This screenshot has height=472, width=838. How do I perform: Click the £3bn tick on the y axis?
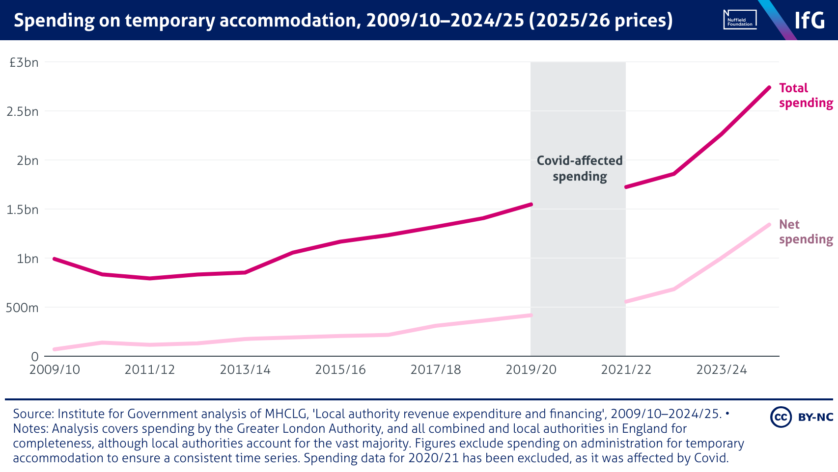pyautogui.click(x=24, y=62)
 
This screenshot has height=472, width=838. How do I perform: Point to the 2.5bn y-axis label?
pyautogui.click(x=23, y=111)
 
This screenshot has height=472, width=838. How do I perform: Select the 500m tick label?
pyautogui.click(x=22, y=308)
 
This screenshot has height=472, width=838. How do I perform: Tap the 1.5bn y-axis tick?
pyautogui.click(x=23, y=210)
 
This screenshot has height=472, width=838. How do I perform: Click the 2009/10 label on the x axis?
pyautogui.click(x=55, y=369)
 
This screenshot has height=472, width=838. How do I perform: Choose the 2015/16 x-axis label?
pyautogui.click(x=340, y=369)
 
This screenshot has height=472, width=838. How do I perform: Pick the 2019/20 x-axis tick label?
pyautogui.click(x=531, y=369)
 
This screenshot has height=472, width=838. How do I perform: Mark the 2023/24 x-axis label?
pyautogui.click(x=722, y=369)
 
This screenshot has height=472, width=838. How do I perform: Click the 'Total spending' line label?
pyautogui.click(x=806, y=95)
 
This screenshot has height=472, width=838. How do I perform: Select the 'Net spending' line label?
pyautogui.click(x=806, y=232)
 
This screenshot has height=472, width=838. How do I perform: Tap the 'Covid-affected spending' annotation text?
pyautogui.click(x=580, y=168)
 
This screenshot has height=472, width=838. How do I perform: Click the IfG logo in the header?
pyautogui.click(x=810, y=20)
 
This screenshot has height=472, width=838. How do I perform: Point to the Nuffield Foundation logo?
pyautogui.click(x=740, y=20)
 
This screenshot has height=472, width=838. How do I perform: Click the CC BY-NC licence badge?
pyautogui.click(x=802, y=417)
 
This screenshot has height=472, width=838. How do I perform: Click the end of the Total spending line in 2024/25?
pyautogui.click(x=769, y=88)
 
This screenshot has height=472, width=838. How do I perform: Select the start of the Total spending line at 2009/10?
pyautogui.click(x=54, y=259)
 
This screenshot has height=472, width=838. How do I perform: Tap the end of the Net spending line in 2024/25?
pyautogui.click(x=769, y=225)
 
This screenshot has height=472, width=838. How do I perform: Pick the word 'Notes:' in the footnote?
pyautogui.click(x=30, y=428)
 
